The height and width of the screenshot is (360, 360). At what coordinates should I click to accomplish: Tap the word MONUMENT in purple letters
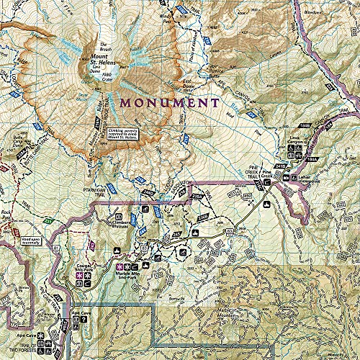[x=170, y=103]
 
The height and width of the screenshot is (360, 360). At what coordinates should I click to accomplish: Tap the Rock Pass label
[x=7, y=212]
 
